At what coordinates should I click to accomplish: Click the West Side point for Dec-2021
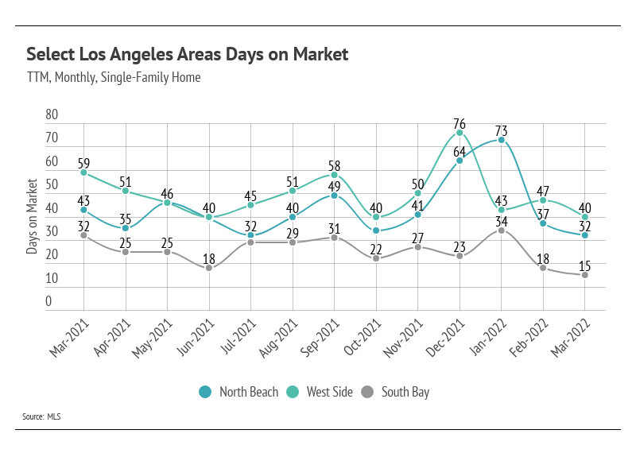pos(460,133)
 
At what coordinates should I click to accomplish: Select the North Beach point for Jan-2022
pos(502,140)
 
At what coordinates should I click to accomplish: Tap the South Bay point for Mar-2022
pos(585,275)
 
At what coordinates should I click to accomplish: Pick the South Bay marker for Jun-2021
pos(209,268)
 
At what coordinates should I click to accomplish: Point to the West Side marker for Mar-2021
pos(83,172)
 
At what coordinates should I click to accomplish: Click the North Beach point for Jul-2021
pos(251,235)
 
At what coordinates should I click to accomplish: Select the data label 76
pos(460,123)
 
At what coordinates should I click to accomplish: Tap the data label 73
pos(502,130)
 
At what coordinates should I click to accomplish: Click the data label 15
pos(586,265)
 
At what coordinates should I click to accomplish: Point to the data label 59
pos(84,162)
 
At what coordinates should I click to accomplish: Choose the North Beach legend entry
pos(240,392)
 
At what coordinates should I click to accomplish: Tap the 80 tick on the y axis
pos(52,114)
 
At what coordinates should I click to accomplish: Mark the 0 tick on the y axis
pos(48,302)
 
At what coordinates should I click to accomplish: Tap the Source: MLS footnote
pos(44,416)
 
